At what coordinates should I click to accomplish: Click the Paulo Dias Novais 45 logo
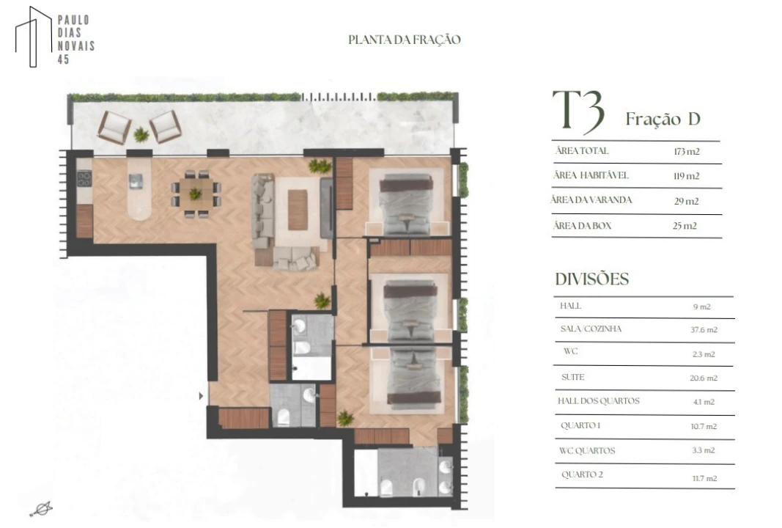point(54,37)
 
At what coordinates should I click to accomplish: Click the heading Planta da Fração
point(404,40)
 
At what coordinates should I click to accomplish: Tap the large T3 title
point(578,112)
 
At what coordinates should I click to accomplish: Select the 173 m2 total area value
point(686,152)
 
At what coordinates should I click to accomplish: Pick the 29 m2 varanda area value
point(686,201)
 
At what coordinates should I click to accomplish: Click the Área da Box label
point(582,226)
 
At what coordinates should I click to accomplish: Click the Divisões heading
point(592,279)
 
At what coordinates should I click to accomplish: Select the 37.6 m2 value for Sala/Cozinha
point(704,330)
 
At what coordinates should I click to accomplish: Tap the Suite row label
point(572,377)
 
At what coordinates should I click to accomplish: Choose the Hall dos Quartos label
point(599,400)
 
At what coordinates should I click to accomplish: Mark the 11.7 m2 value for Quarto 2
point(704,478)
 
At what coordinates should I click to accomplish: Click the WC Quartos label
point(587,450)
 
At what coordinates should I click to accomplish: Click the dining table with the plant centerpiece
point(196,194)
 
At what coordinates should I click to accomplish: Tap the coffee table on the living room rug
point(298,210)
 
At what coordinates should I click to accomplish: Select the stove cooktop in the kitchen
point(84,179)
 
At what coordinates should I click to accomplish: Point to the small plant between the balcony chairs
point(141,133)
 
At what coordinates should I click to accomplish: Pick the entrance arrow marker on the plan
point(201,396)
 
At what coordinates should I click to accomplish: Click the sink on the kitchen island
point(136,181)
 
